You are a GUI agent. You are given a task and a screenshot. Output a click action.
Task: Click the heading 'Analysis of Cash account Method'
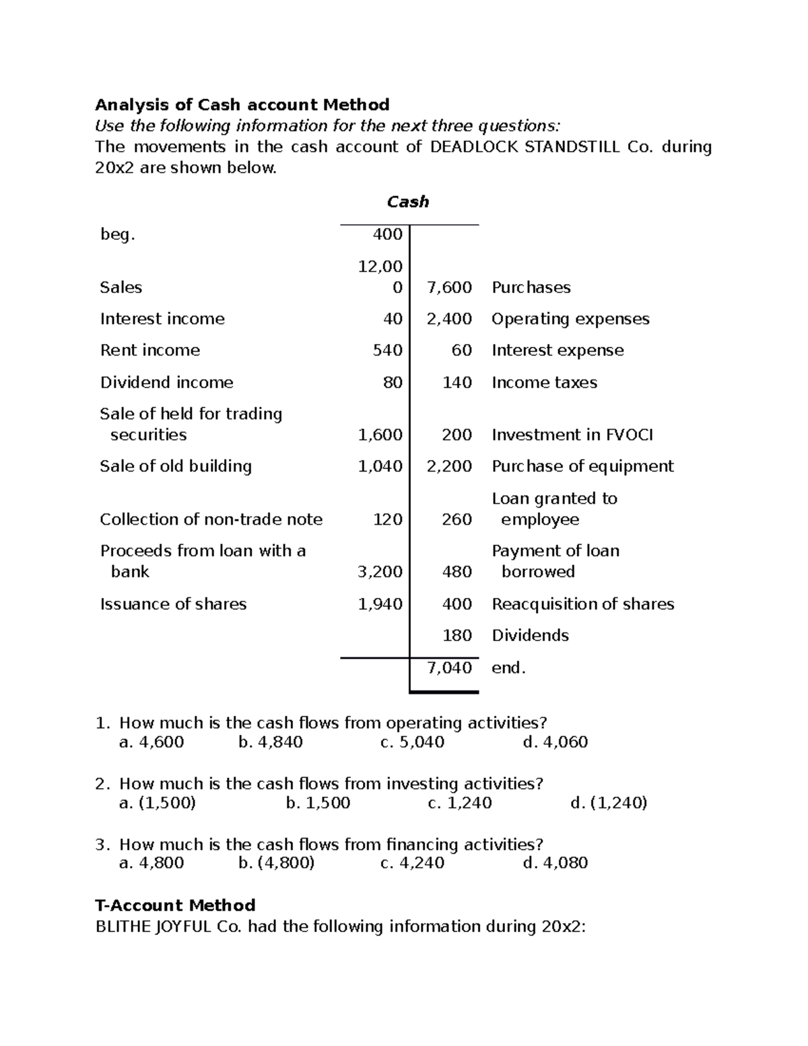242,105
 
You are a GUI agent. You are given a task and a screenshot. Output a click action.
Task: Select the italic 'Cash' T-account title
407,202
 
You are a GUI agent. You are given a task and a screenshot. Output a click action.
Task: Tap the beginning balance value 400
387,234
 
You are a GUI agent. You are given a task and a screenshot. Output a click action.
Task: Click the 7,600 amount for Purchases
449,288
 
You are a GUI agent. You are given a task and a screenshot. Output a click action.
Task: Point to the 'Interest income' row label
162,319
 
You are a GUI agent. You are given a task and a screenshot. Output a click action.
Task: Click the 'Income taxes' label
544,383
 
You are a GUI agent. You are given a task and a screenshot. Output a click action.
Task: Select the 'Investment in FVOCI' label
572,435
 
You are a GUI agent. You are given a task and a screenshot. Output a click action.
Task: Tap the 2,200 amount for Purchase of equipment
449,467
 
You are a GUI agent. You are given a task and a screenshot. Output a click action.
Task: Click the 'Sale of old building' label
176,467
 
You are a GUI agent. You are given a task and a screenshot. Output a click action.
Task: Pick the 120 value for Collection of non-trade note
388,519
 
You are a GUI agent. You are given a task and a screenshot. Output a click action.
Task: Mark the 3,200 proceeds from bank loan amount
380,572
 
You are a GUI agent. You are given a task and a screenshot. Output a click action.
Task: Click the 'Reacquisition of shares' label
582,604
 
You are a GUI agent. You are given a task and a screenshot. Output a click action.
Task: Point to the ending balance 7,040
449,668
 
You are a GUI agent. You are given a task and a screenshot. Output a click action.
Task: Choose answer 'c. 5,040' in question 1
412,742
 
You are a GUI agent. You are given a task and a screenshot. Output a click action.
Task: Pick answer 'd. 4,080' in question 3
555,863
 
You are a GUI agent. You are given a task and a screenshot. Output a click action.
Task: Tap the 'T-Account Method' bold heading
175,905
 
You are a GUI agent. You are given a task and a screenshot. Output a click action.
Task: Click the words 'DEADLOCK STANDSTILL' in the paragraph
524,147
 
